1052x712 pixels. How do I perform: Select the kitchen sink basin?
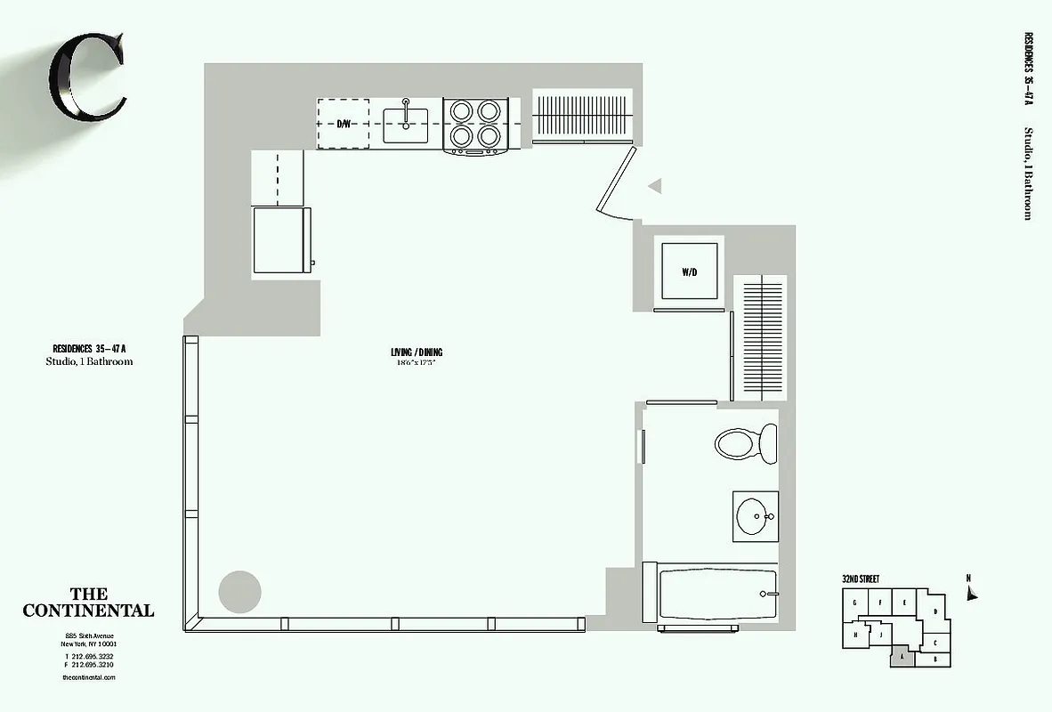[406, 125]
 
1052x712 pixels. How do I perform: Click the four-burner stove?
[475, 124]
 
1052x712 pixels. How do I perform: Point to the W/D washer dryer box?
[689, 271]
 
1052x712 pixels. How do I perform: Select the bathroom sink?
[755, 516]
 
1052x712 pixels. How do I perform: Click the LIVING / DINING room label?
[417, 352]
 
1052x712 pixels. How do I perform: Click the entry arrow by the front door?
[655, 186]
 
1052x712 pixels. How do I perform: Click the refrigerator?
[281, 240]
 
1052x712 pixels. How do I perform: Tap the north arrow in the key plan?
[972, 591]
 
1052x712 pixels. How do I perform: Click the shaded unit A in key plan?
[902, 657]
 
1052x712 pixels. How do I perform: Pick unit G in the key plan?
[854, 603]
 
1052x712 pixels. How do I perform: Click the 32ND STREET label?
[860, 579]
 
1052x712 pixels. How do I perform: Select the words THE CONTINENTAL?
[88, 603]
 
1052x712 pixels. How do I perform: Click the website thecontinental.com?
[89, 677]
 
